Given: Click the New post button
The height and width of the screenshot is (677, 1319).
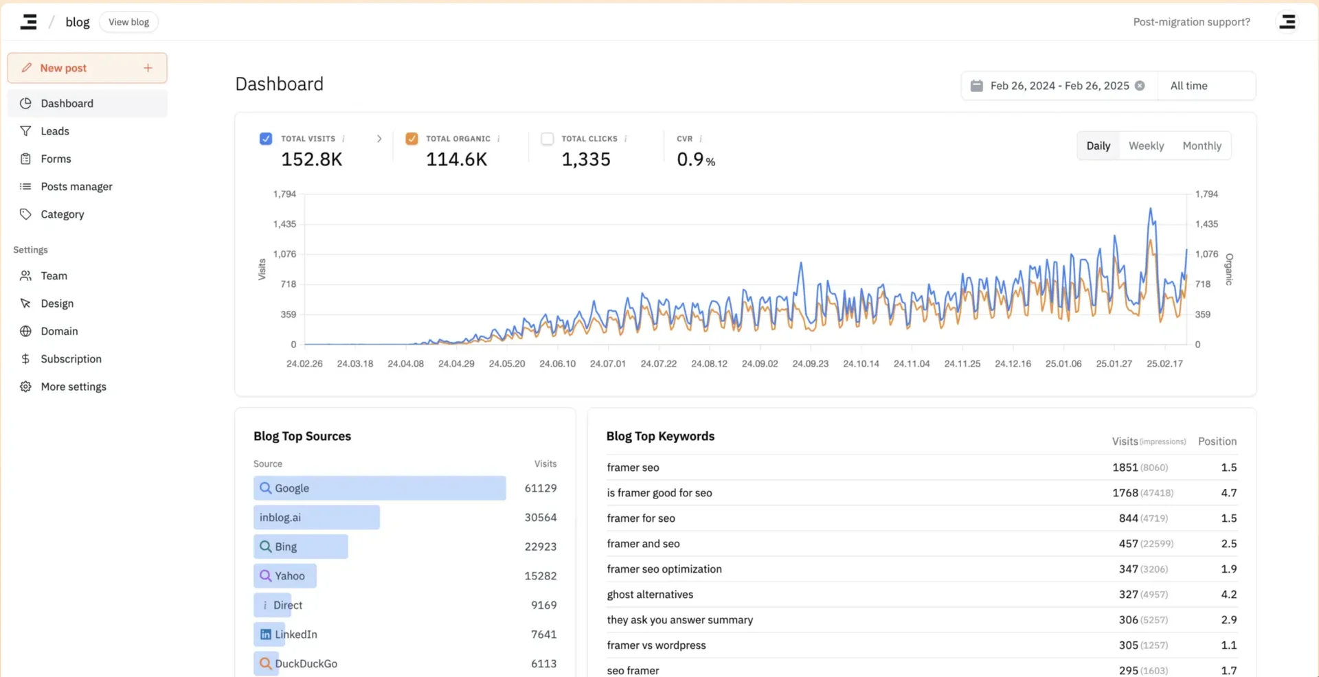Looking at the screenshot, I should click(87, 68).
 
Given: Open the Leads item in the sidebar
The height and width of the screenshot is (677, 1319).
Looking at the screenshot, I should click(55, 131).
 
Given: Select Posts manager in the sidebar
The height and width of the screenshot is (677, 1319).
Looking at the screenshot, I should click(76, 187).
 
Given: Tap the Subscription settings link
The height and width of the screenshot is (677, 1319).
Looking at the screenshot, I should click(71, 359).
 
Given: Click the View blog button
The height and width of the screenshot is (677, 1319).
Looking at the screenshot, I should click(128, 22).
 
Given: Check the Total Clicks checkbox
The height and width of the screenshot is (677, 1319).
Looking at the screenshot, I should click(548, 139).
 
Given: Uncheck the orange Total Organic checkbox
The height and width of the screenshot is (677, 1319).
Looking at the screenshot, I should click(412, 139).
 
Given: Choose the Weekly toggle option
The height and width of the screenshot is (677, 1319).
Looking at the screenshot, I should click(1146, 146).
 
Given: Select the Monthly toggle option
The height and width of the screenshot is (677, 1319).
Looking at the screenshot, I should click(1202, 146).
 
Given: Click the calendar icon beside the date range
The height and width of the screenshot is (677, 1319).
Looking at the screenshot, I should click(976, 86).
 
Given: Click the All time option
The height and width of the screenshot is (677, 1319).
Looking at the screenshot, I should click(1188, 86).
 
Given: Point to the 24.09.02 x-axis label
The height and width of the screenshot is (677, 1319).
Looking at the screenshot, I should click(760, 364).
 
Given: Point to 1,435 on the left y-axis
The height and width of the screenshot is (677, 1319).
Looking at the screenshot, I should click(284, 224).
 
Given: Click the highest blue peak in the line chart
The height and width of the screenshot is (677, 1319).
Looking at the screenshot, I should click(1151, 209).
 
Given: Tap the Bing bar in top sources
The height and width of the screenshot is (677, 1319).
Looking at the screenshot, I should click(301, 547).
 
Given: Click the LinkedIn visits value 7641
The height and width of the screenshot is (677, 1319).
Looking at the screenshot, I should click(543, 634).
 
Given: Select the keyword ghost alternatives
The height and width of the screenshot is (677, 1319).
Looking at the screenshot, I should click(650, 595).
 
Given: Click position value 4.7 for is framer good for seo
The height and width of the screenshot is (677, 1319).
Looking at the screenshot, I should click(1228, 493).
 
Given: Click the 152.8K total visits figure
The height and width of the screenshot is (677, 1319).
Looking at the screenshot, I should click(311, 159).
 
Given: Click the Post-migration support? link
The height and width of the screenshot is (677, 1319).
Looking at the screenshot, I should click(1191, 22).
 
